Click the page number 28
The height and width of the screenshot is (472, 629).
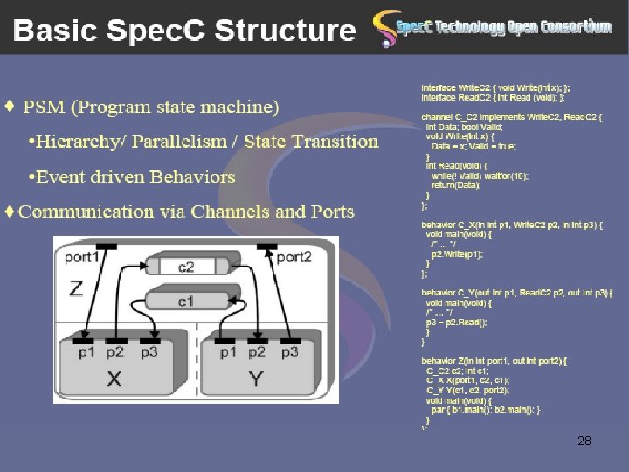coord(584,441)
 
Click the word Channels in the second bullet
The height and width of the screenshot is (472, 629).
coord(231,212)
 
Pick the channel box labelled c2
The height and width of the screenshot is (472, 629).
coord(186,267)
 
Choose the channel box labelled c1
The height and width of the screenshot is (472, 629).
coord(186,302)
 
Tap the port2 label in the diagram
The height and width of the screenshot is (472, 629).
coord(294,257)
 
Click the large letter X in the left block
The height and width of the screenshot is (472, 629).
coord(114,378)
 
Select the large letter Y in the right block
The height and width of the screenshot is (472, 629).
coord(257,378)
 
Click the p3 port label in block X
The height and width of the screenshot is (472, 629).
coord(149,351)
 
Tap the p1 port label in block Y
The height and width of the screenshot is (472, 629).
coord(228,351)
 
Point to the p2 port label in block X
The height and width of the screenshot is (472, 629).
coord(115,351)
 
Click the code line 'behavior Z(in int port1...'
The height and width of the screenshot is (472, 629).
coord(494,360)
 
